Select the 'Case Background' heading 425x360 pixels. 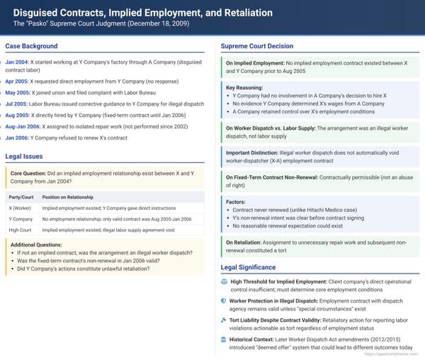tap(31, 46)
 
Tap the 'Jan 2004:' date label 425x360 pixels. tap(17, 62)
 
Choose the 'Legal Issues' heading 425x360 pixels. tap(24, 156)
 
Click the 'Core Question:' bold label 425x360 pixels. tap(33, 173)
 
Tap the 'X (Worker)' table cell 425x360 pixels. tap(20, 208)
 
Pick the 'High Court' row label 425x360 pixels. tap(20, 230)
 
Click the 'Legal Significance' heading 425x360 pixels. tap(248, 267)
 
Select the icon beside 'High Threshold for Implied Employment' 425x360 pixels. tap(224, 281)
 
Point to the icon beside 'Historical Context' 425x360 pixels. tap(224, 339)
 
